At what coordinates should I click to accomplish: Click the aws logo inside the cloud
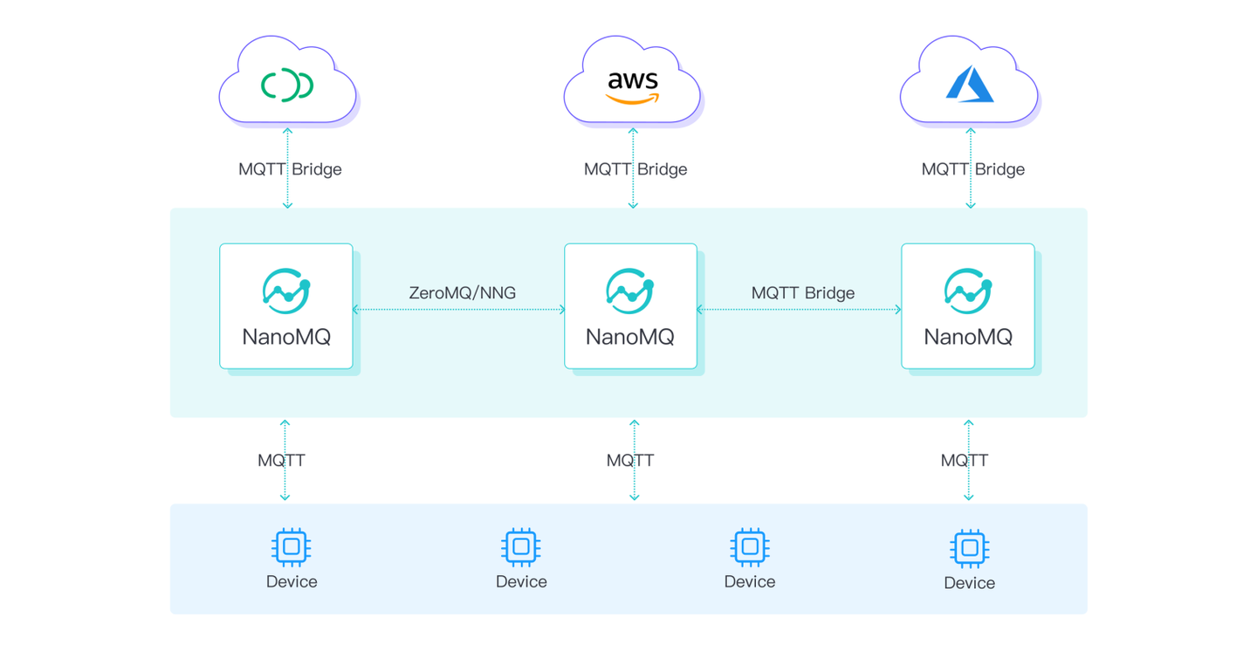[x=632, y=86]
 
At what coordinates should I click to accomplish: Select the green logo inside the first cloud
[x=287, y=86]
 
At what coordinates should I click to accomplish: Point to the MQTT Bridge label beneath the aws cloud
[x=635, y=169]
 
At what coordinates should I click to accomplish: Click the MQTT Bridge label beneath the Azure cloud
[x=972, y=169]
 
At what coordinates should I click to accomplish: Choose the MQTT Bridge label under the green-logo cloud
[x=290, y=169]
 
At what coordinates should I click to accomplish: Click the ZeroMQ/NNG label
[x=462, y=293]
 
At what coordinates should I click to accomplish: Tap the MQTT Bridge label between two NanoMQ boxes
[x=802, y=293]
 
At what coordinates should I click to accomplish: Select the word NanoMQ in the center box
[x=630, y=337]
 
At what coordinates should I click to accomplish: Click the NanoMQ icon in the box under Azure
[x=968, y=291]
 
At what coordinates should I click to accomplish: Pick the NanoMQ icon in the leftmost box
[x=286, y=291]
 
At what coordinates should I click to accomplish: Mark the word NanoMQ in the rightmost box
[x=968, y=337]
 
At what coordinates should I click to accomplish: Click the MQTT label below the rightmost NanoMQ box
[x=964, y=460]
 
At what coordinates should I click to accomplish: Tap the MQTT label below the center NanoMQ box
[x=630, y=460]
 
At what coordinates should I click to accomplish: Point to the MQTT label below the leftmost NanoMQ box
[x=281, y=460]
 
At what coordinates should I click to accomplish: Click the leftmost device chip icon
[x=292, y=547]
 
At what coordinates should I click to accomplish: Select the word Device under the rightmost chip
[x=969, y=583]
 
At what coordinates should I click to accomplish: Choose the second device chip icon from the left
[x=521, y=547]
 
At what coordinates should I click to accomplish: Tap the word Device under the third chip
[x=750, y=582]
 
